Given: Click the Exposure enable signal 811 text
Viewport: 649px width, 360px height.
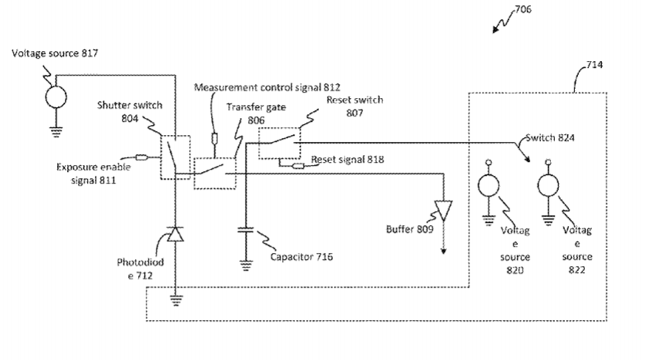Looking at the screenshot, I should (93, 173).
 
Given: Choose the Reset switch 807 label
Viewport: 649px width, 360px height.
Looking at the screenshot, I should (354, 105).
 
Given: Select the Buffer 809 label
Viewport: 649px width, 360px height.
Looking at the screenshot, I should (409, 229).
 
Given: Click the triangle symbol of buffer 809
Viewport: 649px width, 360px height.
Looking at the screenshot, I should (445, 212).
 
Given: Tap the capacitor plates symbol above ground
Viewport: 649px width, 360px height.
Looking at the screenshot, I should (246, 231).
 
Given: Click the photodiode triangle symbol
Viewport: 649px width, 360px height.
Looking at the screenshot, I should (176, 234).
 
